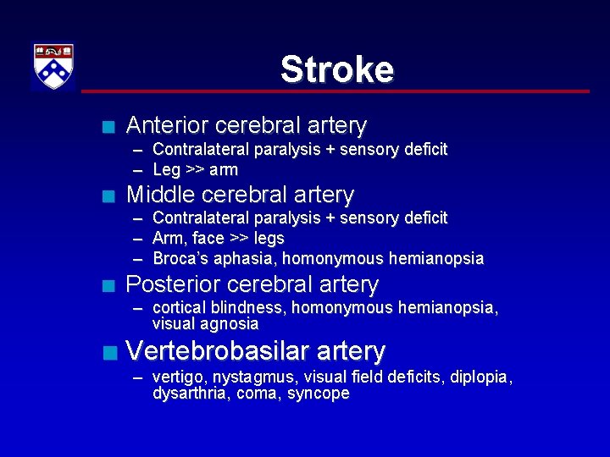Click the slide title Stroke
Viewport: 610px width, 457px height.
[x=336, y=69]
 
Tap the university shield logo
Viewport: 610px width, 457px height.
[x=53, y=66]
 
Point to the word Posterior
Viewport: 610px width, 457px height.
[x=172, y=284]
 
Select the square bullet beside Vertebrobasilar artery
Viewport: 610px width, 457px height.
[x=107, y=353]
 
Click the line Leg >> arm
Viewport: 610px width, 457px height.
[x=195, y=169]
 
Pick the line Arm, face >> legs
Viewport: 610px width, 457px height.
[x=218, y=238]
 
